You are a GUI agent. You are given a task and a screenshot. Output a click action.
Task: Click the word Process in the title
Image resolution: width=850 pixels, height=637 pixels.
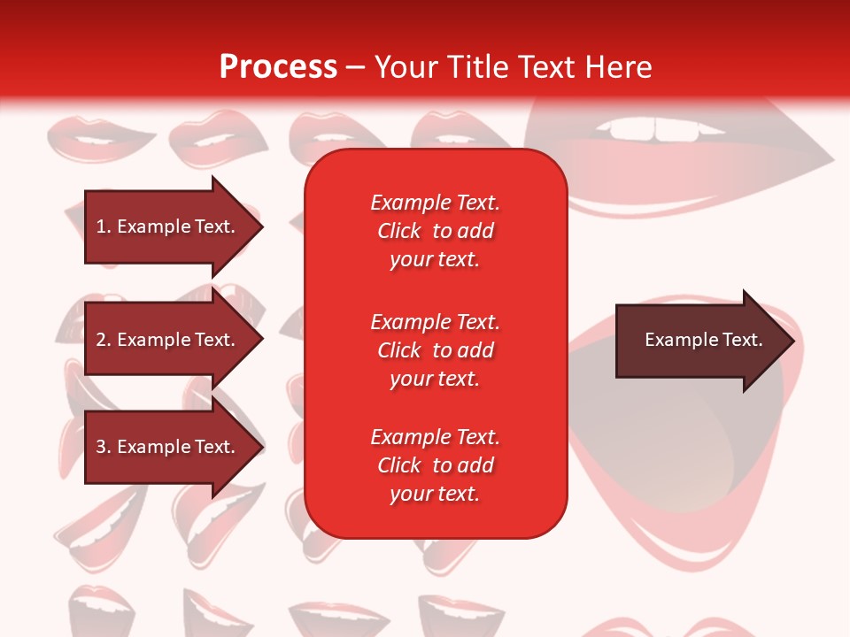(278, 67)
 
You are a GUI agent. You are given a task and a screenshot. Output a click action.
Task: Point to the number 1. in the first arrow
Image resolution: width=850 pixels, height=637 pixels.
(104, 226)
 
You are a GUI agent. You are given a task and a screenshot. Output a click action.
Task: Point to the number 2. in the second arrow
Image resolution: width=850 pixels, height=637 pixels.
(104, 340)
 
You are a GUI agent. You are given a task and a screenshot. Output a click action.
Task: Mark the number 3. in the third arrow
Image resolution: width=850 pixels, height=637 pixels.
(104, 447)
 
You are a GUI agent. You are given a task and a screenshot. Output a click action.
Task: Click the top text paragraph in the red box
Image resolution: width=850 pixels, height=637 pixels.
(435, 231)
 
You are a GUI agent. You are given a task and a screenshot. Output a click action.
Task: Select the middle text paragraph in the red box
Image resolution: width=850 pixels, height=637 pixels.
(435, 350)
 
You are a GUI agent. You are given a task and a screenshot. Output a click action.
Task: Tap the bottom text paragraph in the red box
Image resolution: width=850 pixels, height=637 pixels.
(435, 465)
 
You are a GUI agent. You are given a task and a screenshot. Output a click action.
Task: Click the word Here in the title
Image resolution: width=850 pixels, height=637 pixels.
(619, 67)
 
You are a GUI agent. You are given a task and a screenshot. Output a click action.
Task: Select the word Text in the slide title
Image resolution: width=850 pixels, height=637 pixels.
(546, 67)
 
